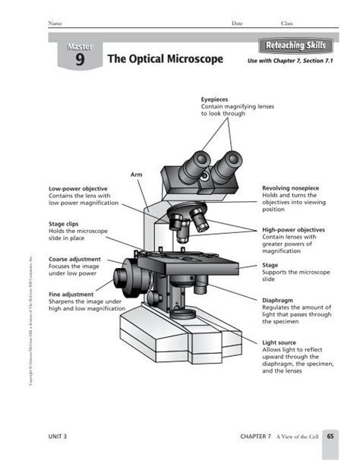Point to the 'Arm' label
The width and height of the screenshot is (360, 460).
137,175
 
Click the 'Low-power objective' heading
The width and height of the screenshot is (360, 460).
77,187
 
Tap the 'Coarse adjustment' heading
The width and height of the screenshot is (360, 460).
75,260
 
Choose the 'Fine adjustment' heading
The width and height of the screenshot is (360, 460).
71,295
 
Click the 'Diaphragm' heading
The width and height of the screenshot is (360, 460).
279,300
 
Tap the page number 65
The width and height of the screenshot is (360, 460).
331,436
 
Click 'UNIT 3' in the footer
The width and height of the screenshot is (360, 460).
58,437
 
